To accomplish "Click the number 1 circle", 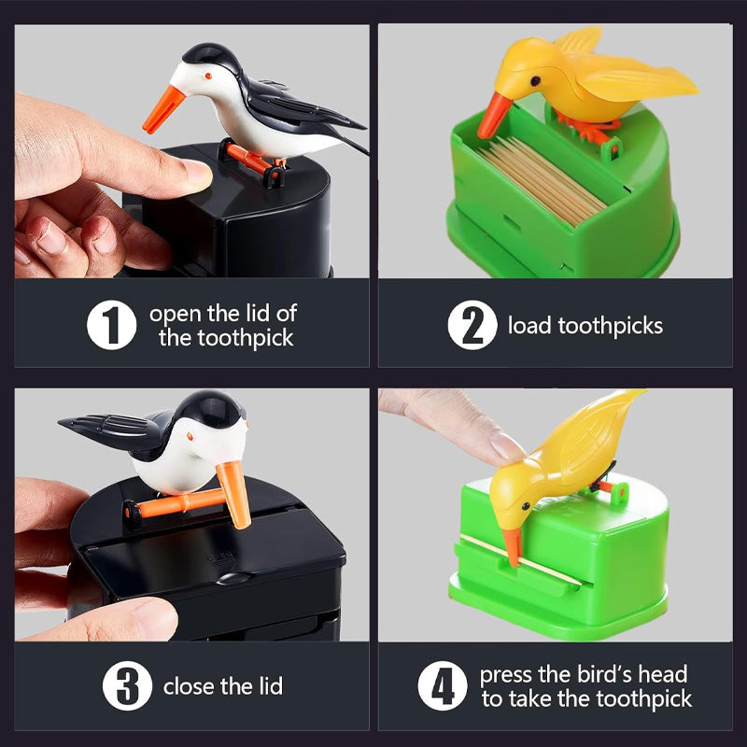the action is [x=111, y=325].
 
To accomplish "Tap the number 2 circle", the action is [x=472, y=325].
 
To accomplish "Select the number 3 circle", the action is [x=127, y=685].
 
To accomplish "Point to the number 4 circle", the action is [x=443, y=685].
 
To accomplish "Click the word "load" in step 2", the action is [x=529, y=326].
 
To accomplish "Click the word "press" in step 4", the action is [x=506, y=675].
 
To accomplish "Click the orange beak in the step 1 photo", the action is [x=163, y=109].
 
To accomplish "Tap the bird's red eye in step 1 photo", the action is [x=207, y=76].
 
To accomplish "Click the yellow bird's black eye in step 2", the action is [x=535, y=81].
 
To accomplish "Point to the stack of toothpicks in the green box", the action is [x=543, y=180].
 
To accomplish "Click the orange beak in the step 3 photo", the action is [x=234, y=495].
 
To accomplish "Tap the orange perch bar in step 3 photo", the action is [x=176, y=505].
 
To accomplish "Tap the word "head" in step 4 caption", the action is [x=663, y=674].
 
